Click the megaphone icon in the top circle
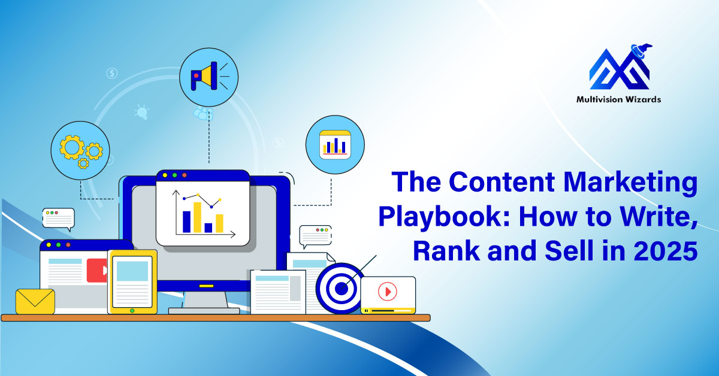tap(206, 76)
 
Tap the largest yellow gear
tap(72, 147)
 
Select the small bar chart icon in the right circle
tap(335, 145)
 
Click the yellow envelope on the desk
tap(35, 301)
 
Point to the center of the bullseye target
tap(341, 289)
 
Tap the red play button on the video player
tap(388, 292)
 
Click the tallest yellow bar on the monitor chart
tap(197, 217)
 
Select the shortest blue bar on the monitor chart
tap(209, 228)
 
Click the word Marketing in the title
tap(630, 183)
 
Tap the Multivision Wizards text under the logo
tap(618, 99)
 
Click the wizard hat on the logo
tap(641, 51)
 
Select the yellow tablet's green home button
tap(132, 311)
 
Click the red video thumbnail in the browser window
tap(97, 271)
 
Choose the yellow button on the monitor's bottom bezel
tap(206, 286)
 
